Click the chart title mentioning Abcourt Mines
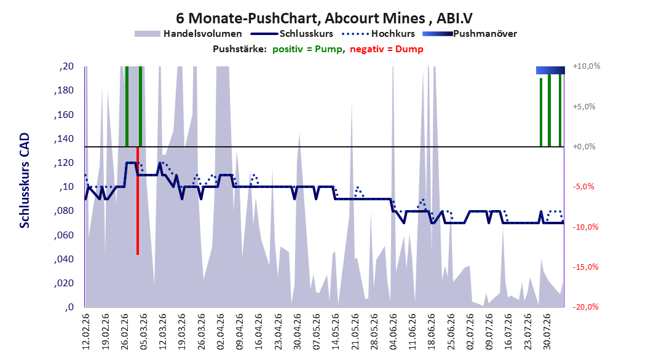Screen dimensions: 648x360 324,18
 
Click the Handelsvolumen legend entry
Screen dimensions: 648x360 189,34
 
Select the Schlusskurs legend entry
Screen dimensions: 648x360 292,34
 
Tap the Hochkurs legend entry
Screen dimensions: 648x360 378,34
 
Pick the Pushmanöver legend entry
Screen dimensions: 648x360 470,34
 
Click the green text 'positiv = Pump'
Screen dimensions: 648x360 307,49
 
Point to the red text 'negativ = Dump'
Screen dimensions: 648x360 387,49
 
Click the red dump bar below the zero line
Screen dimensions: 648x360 138,201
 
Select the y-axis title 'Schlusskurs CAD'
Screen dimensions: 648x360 25,181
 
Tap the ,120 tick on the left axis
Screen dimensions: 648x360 64,163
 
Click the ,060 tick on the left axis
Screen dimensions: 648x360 64,235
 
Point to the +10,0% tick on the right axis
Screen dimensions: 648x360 587,66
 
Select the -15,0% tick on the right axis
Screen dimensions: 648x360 585,267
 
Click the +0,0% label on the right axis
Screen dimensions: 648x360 584,147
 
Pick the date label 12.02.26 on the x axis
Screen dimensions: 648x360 86,332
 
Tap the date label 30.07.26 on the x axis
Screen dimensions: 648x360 547,332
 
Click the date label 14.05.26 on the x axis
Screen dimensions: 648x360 336,332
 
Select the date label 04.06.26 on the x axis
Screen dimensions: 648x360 393,332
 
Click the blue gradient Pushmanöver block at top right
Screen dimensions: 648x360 550,70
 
